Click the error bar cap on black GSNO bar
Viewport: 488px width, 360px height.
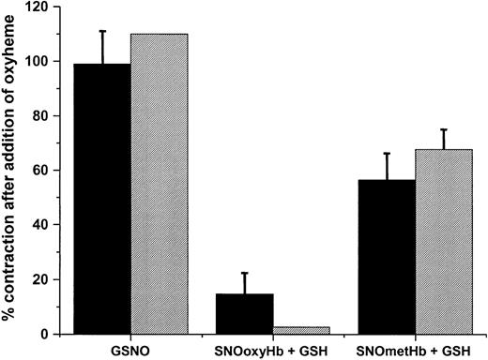(102, 31)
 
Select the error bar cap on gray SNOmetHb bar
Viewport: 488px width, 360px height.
(443, 129)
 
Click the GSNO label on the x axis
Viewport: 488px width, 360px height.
(130, 348)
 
